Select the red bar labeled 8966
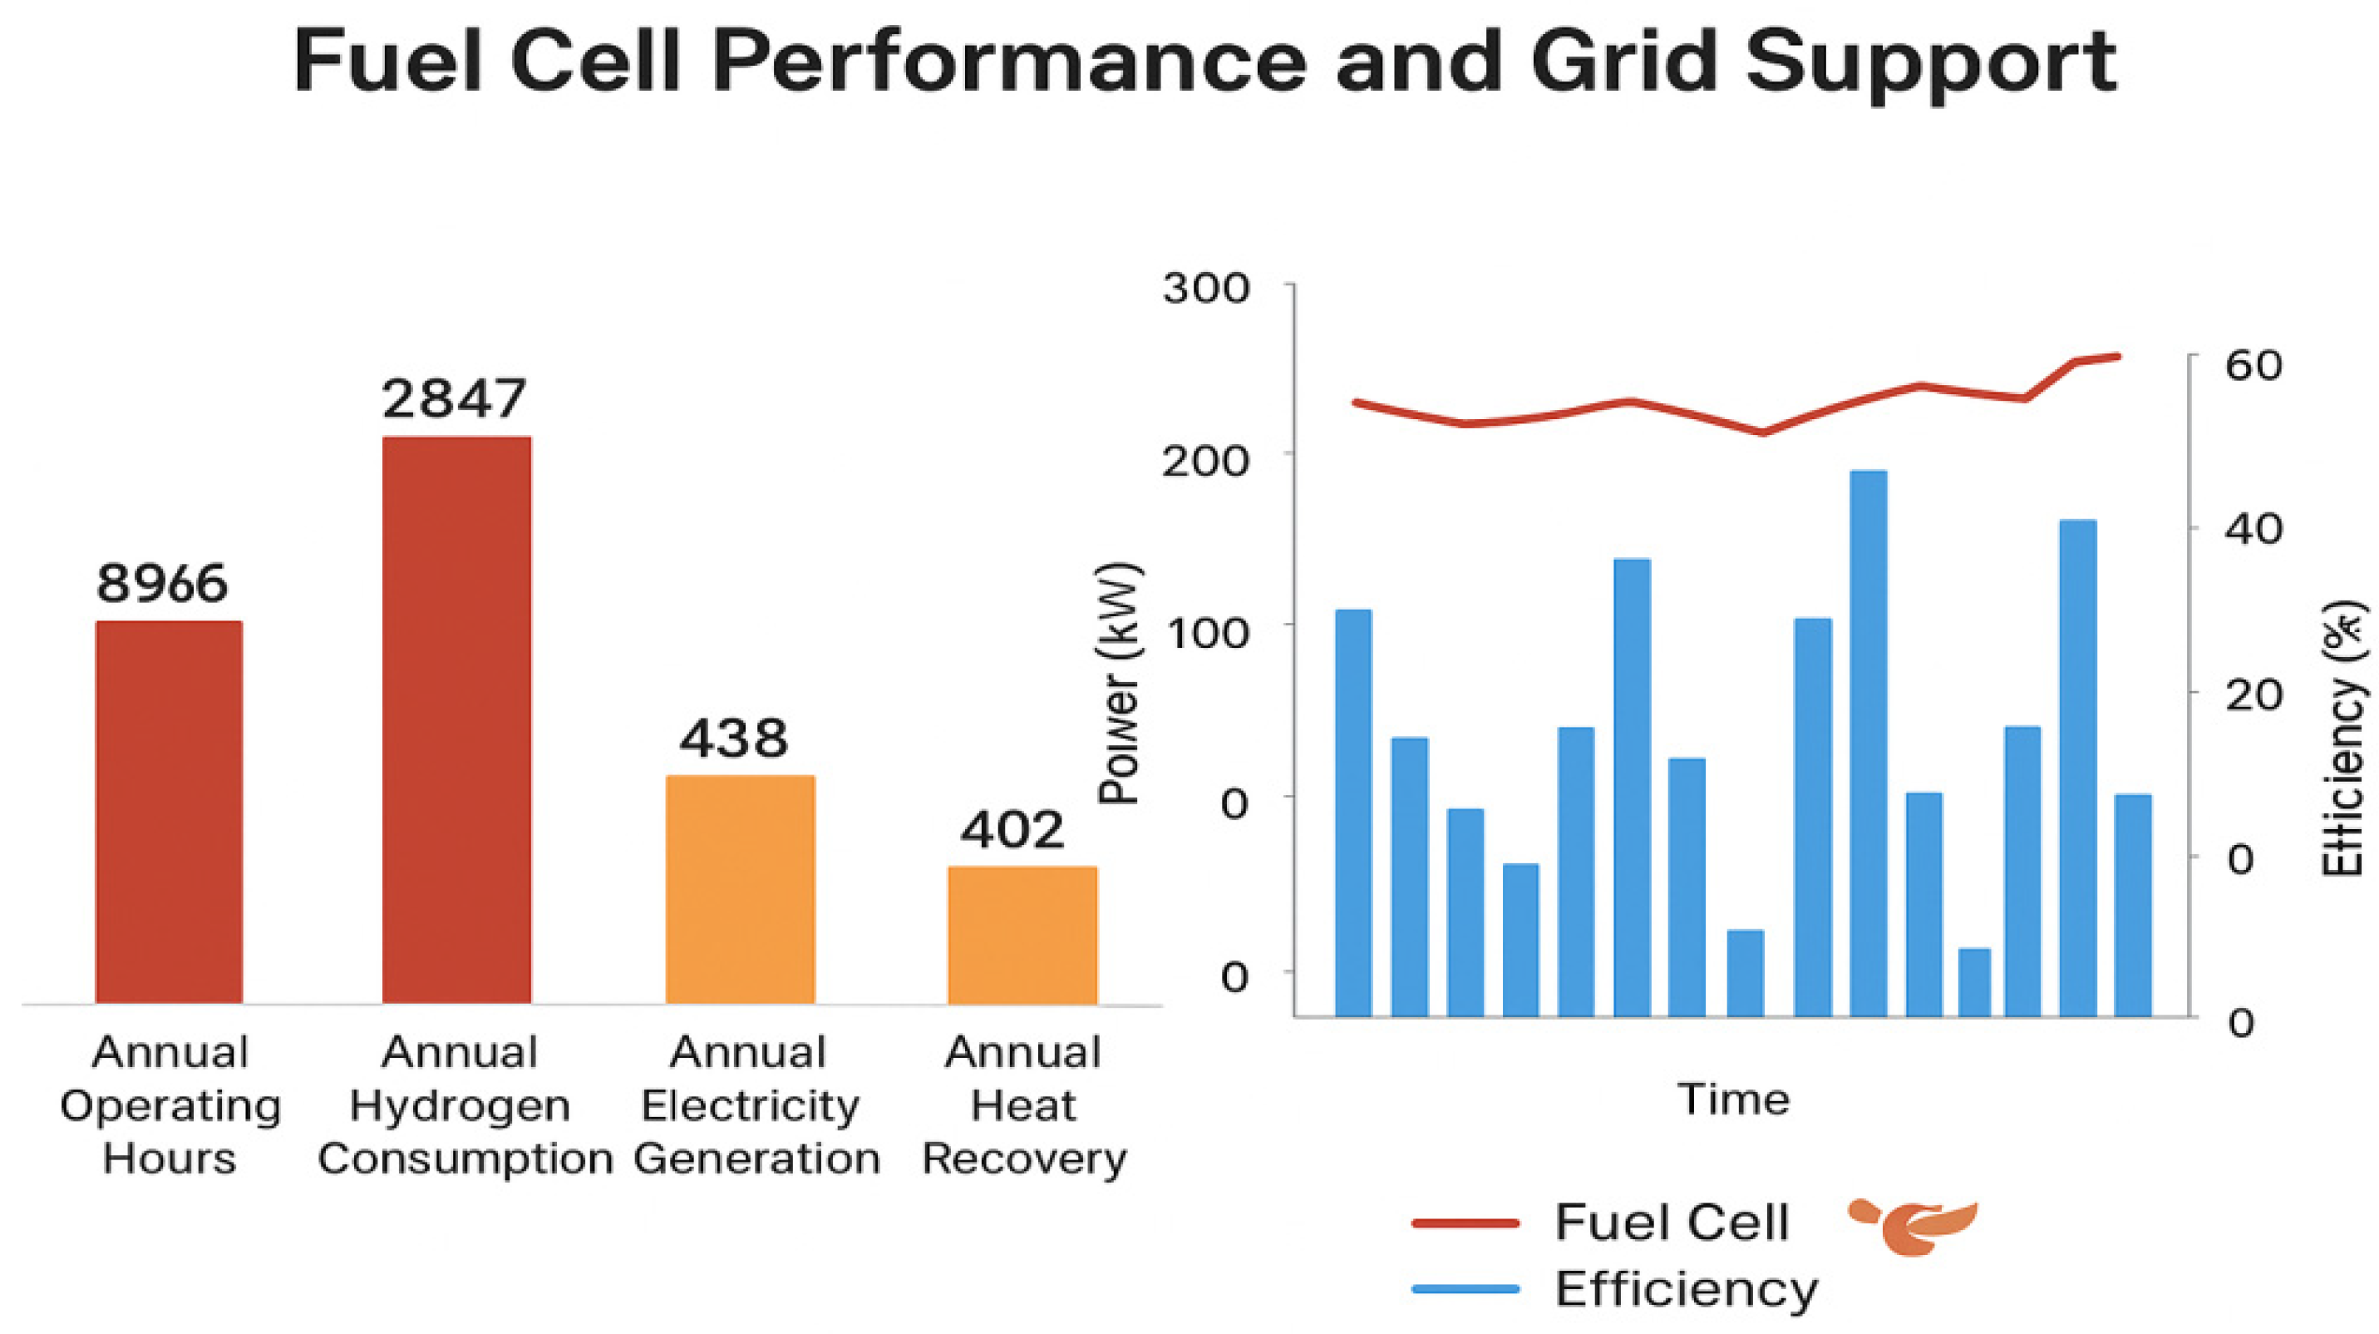point(169,812)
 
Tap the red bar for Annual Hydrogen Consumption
point(456,719)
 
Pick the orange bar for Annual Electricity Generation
point(741,890)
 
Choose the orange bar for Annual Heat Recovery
point(1023,935)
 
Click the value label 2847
point(454,399)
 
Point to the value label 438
point(734,739)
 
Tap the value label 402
point(1012,830)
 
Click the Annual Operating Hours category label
point(170,1105)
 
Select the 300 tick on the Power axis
point(1206,289)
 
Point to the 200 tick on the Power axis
point(1206,460)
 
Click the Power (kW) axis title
point(1121,684)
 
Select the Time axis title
point(1733,1099)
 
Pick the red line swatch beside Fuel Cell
point(1465,1223)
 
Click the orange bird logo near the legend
point(1913,1228)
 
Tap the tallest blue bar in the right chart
point(1869,744)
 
